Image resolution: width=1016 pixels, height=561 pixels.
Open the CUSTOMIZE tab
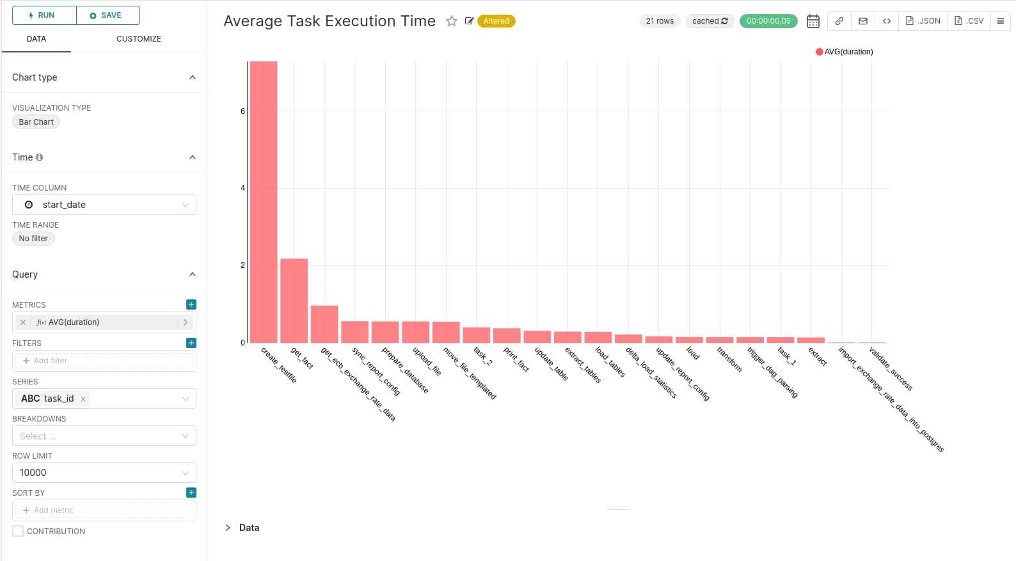[138, 39]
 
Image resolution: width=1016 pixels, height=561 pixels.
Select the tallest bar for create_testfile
[264, 201]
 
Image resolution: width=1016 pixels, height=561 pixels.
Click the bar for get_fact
[294, 301]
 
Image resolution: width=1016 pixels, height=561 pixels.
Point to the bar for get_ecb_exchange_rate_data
[324, 324]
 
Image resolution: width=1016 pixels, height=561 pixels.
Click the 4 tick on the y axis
[242, 188]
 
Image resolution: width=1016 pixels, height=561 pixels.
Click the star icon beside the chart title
[452, 21]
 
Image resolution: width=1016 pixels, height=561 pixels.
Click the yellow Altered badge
[496, 21]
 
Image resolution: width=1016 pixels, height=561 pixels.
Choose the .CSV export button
[969, 21]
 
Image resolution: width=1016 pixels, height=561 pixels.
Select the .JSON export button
[923, 21]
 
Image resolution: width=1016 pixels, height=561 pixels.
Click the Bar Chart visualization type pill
[36, 122]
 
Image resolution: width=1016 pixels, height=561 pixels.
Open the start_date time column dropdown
[104, 205]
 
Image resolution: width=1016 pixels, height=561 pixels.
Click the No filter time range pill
[33, 239]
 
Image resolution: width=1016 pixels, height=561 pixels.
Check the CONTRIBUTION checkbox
[18, 531]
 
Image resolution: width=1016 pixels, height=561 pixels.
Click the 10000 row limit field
[104, 473]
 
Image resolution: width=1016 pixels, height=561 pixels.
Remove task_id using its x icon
[83, 399]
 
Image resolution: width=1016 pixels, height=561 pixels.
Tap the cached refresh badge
[710, 21]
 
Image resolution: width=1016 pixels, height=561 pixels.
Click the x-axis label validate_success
[891, 368]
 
